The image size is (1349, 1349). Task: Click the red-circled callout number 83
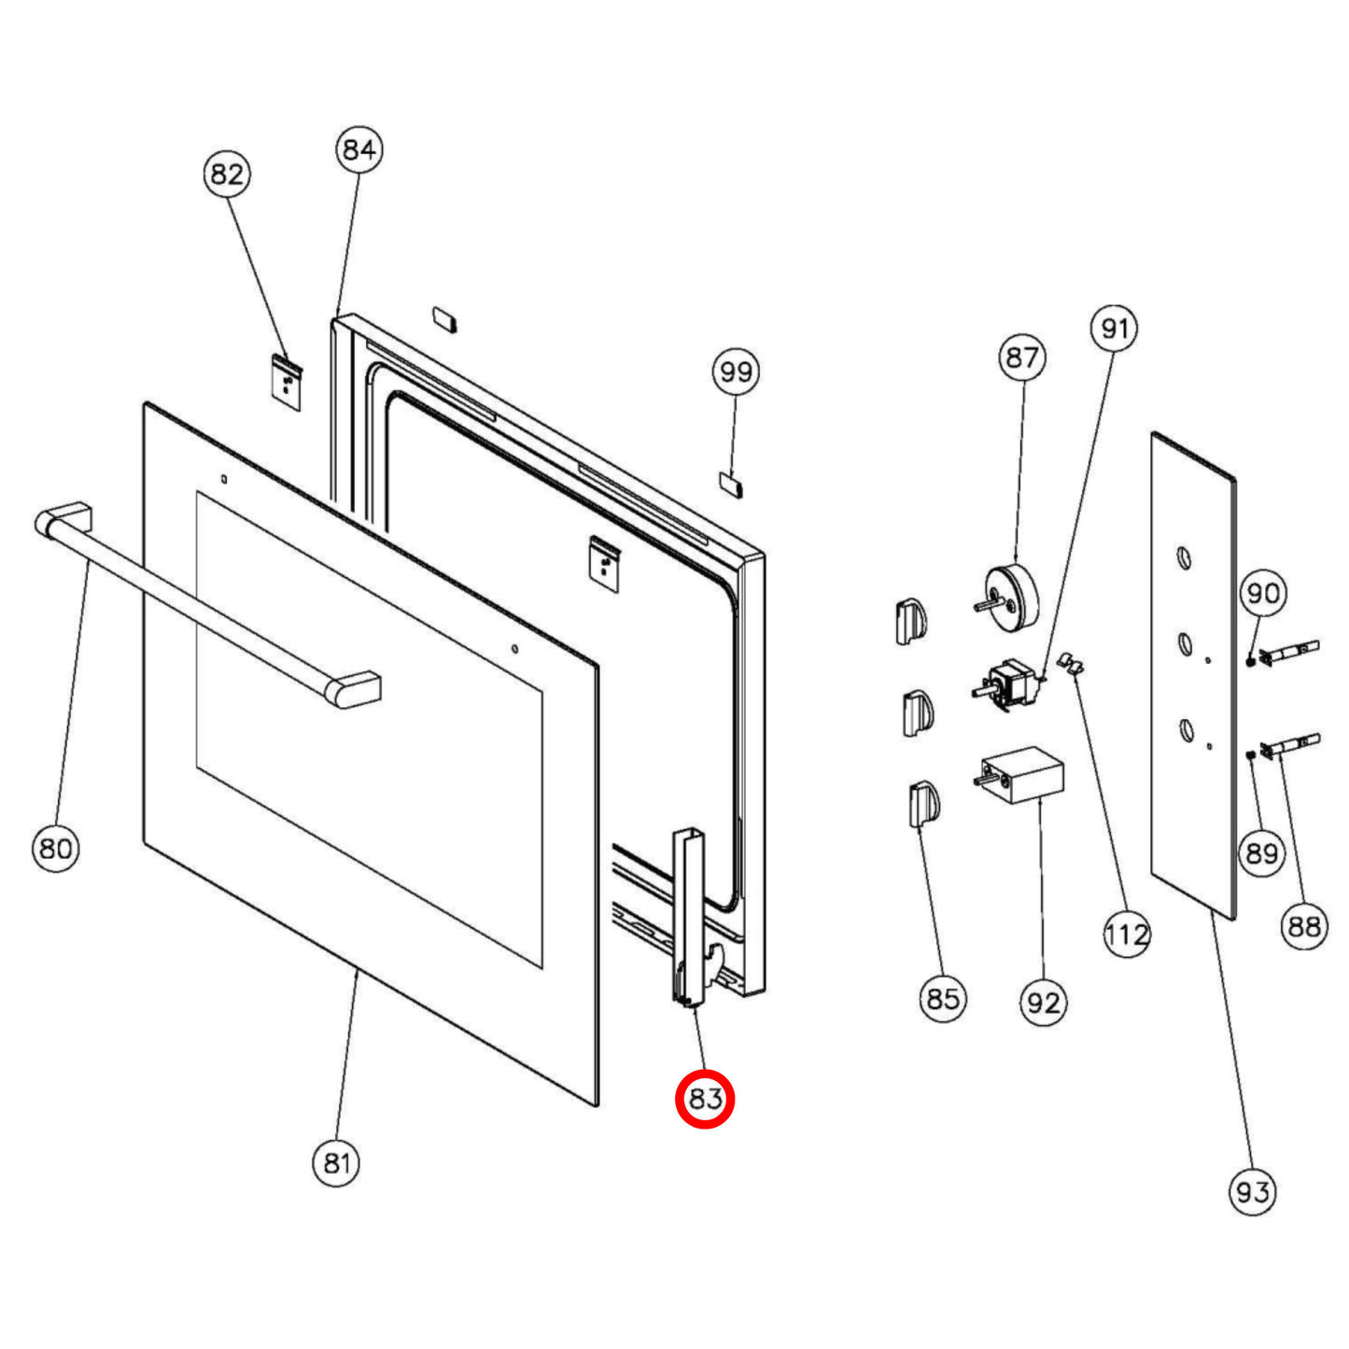(x=705, y=1099)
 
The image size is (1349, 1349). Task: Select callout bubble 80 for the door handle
(x=55, y=848)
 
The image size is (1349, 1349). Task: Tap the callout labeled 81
(x=336, y=1162)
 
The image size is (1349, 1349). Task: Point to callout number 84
(x=358, y=149)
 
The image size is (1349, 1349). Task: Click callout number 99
(x=736, y=372)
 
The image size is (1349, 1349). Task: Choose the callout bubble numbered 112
(x=1126, y=934)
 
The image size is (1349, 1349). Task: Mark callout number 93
(x=1252, y=1191)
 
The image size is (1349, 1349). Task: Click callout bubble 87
(x=1021, y=357)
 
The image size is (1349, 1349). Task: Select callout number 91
(x=1114, y=329)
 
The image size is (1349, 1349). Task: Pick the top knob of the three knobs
(x=911, y=621)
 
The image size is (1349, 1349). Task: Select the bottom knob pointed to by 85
(x=923, y=804)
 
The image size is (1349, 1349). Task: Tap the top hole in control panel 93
(x=1183, y=558)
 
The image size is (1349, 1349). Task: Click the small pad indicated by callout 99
(x=730, y=483)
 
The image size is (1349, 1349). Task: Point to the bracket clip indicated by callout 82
(x=288, y=381)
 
